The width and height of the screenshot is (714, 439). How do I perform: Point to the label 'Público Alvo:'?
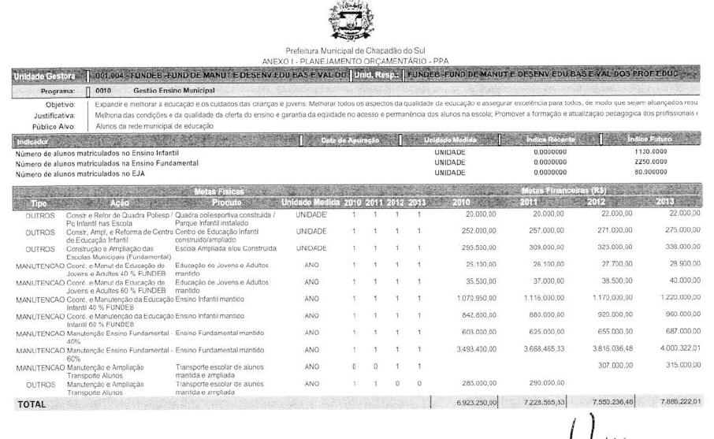[54, 126]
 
